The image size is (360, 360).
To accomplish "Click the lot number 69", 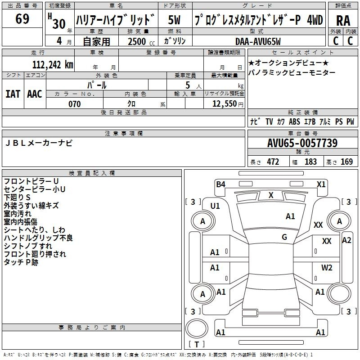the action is point(22,19).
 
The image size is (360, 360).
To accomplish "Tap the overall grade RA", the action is point(343,21).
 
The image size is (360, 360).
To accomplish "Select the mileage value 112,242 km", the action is point(53,65).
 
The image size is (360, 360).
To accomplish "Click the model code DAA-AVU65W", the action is point(258,41).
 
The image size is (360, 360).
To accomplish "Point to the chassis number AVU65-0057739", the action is point(302,143).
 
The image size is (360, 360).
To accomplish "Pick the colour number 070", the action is point(75,104).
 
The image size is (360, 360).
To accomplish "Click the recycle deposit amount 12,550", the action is point(224,104).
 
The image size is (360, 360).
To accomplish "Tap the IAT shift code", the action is point(13,94).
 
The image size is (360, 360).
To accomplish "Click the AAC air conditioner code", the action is point(35,94).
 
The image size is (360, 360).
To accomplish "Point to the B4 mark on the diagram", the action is point(220,184).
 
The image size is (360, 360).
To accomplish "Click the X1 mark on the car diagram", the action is point(321,184).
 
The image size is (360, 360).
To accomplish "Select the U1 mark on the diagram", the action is point(215,206).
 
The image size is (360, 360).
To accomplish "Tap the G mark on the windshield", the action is point(284,237).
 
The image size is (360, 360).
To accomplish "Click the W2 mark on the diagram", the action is point(327,267).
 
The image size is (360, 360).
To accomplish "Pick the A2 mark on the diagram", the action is point(346,240).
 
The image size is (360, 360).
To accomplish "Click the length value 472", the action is point(273,162).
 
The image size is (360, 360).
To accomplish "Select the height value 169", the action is point(346,162).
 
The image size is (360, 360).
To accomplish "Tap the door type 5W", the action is point(174,20).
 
